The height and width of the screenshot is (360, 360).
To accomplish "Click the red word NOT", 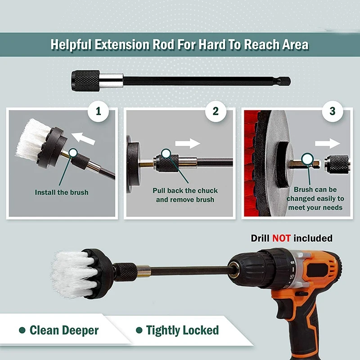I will point(281,238).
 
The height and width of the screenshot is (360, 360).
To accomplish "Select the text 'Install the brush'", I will point(62,192).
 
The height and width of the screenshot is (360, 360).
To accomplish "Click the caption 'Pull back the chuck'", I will point(185,190).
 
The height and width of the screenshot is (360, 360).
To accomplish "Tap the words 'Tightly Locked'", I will point(182,330).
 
